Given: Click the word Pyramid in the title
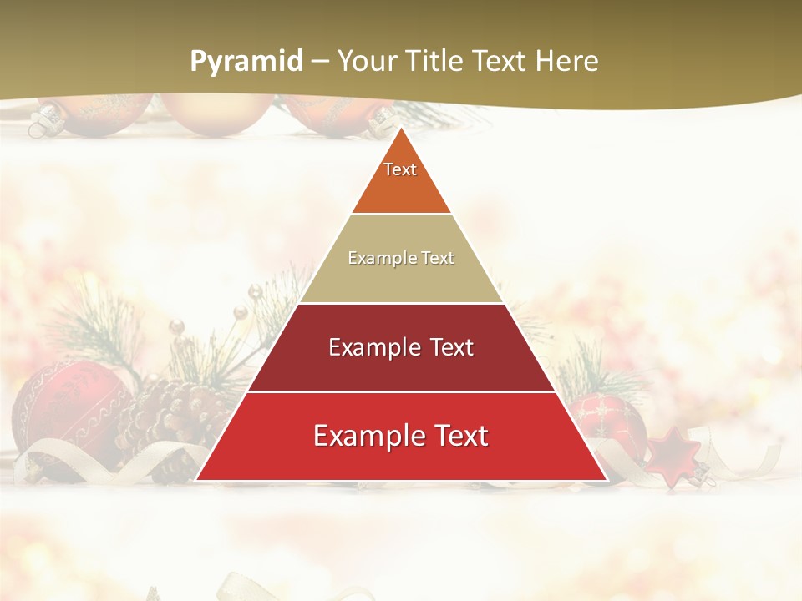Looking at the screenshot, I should pyautogui.click(x=246, y=62).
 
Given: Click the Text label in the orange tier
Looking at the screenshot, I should pyautogui.click(x=400, y=169).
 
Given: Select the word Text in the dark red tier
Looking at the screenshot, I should pyautogui.click(x=452, y=347).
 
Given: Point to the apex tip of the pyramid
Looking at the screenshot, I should pyautogui.click(x=401, y=129).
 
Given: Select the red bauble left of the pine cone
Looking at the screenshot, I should pyautogui.click(x=63, y=409).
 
